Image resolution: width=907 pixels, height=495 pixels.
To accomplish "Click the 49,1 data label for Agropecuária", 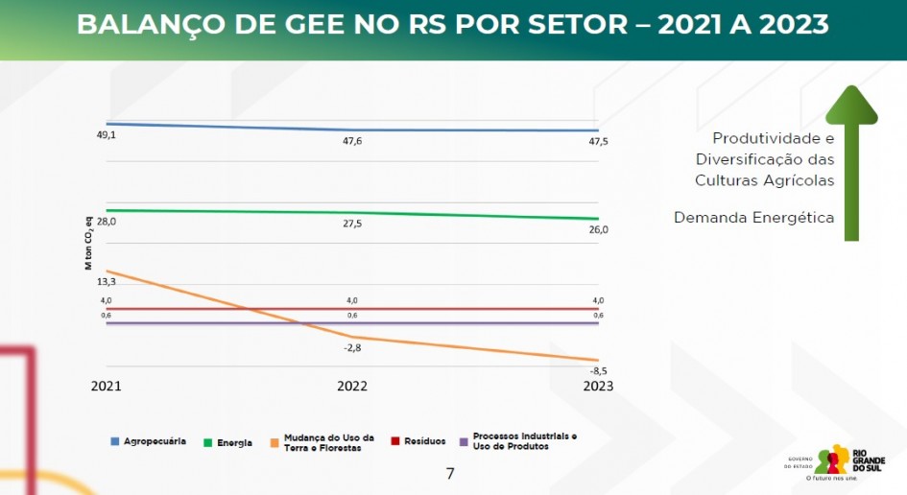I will [x=106, y=135].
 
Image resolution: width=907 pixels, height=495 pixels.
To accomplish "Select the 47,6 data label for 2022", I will [x=352, y=141].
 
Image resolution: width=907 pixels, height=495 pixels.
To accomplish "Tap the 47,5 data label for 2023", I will [x=598, y=142].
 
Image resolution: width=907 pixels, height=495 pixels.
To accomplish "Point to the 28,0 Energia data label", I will [x=106, y=222].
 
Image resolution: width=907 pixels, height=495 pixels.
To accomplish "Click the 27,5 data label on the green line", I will [x=352, y=224].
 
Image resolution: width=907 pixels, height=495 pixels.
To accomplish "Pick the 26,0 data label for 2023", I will [x=598, y=230].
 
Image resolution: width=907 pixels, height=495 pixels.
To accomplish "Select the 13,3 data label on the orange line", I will [x=106, y=281].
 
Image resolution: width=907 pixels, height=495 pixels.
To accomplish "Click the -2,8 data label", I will [x=352, y=347].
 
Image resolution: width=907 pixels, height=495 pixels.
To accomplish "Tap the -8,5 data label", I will [x=598, y=370].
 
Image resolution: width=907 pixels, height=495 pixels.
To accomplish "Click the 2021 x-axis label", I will [x=107, y=386].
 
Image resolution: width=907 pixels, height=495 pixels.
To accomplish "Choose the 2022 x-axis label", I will [x=352, y=386].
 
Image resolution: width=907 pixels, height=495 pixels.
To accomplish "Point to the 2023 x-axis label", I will [x=598, y=386].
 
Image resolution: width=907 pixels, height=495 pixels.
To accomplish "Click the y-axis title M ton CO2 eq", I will [x=88, y=245].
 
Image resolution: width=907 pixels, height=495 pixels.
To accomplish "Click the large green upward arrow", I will [x=851, y=163].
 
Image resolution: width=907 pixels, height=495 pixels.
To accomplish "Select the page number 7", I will [x=450, y=474].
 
